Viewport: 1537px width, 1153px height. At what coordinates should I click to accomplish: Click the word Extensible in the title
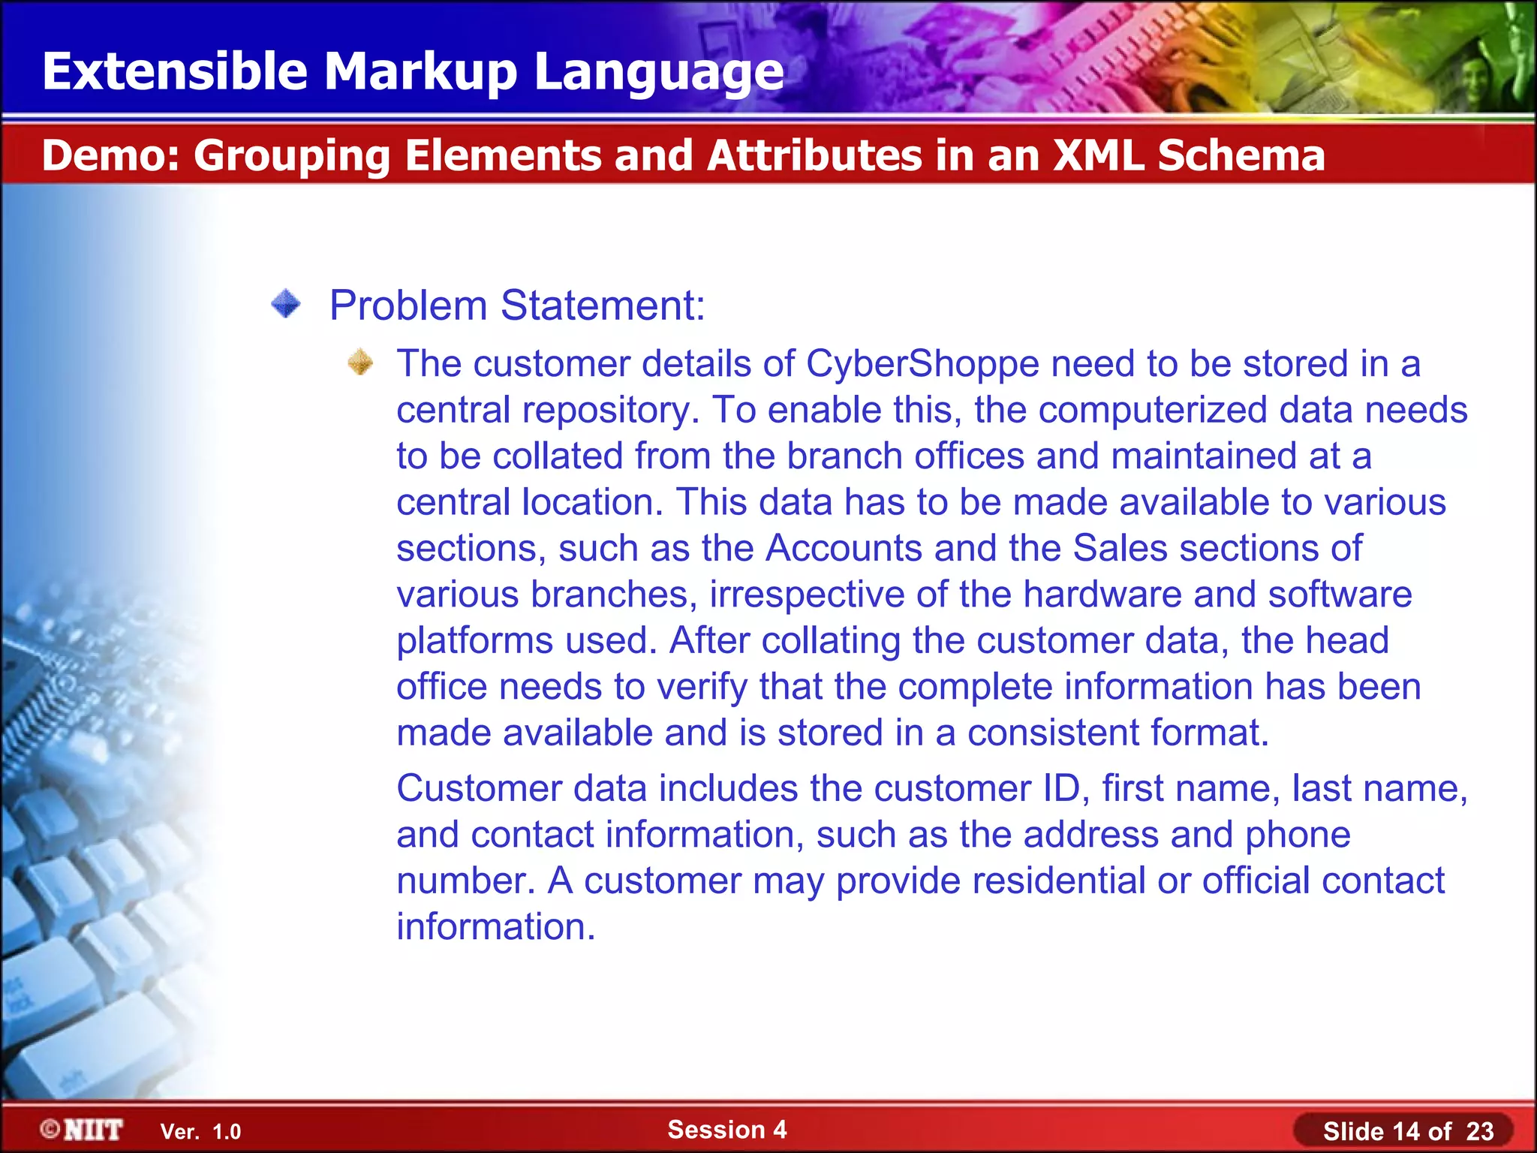(x=175, y=71)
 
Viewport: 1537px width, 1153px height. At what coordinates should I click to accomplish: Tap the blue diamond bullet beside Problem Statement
(x=286, y=305)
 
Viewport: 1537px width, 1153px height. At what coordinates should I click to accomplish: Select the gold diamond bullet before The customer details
(x=360, y=363)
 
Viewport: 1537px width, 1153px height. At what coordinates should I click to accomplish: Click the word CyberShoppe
(x=922, y=364)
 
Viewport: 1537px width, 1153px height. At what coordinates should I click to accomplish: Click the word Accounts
(x=844, y=548)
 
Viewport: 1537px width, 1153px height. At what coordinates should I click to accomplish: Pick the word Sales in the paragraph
(x=1120, y=548)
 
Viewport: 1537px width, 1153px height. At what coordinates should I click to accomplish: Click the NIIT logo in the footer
(x=83, y=1130)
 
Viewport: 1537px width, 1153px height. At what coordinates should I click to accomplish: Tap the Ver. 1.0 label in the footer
(x=200, y=1132)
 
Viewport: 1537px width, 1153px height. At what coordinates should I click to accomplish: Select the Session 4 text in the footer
(x=726, y=1130)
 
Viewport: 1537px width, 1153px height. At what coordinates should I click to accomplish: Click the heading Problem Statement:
(x=517, y=306)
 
